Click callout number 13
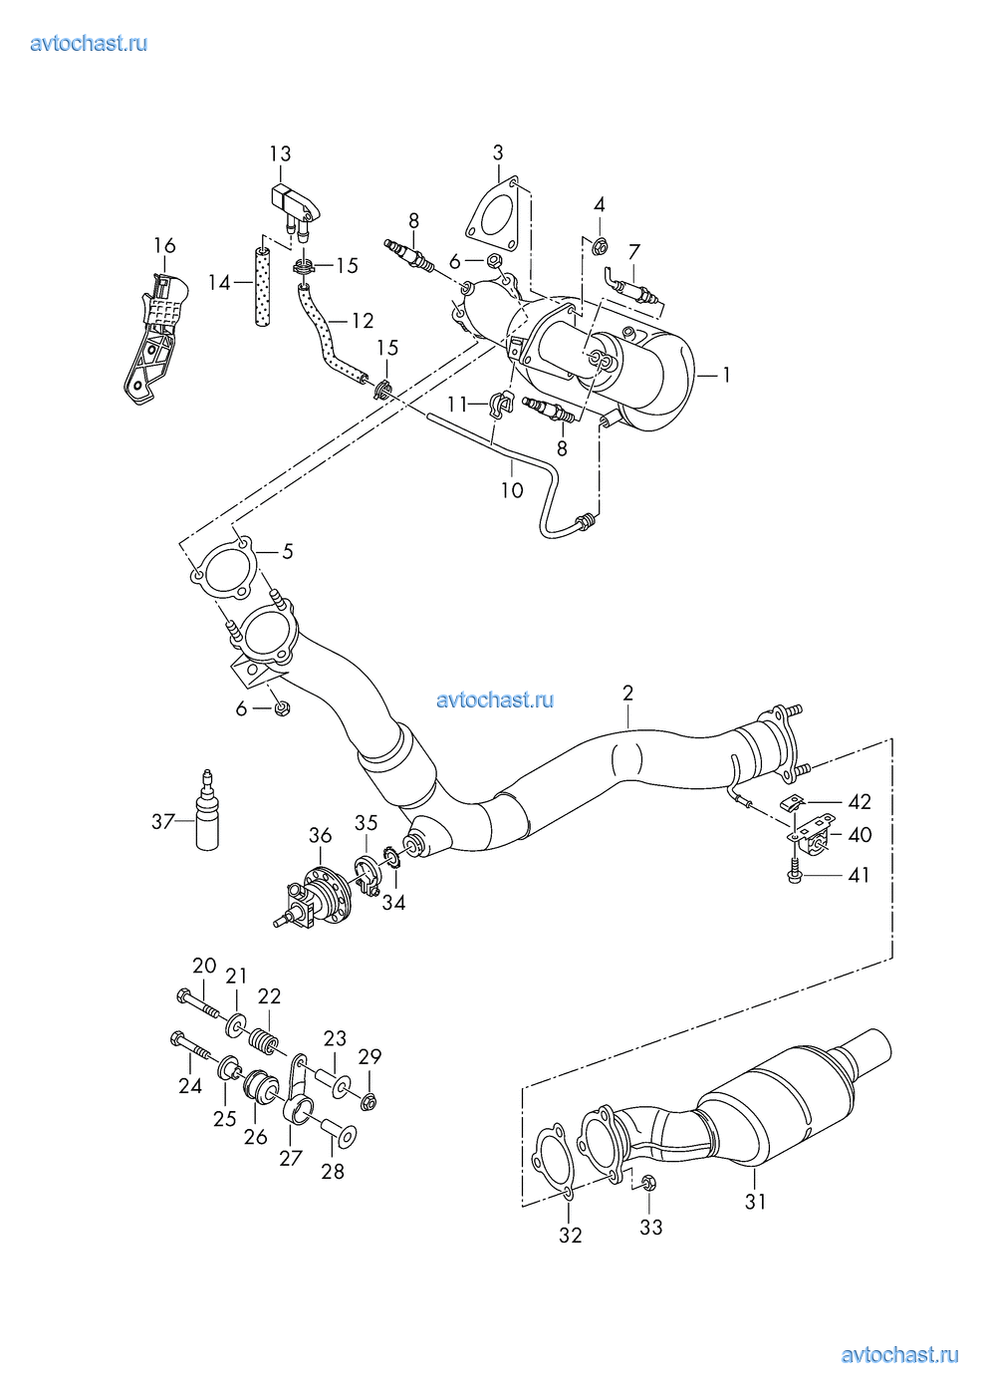click(280, 153)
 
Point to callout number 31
click(756, 1202)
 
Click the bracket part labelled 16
click(154, 334)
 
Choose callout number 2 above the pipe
click(628, 693)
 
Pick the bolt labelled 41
click(794, 874)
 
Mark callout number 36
click(320, 835)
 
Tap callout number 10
click(511, 489)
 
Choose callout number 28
click(333, 1171)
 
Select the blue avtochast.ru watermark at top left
click(90, 43)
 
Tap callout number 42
click(859, 802)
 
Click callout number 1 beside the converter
click(726, 375)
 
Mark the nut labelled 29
click(368, 1100)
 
